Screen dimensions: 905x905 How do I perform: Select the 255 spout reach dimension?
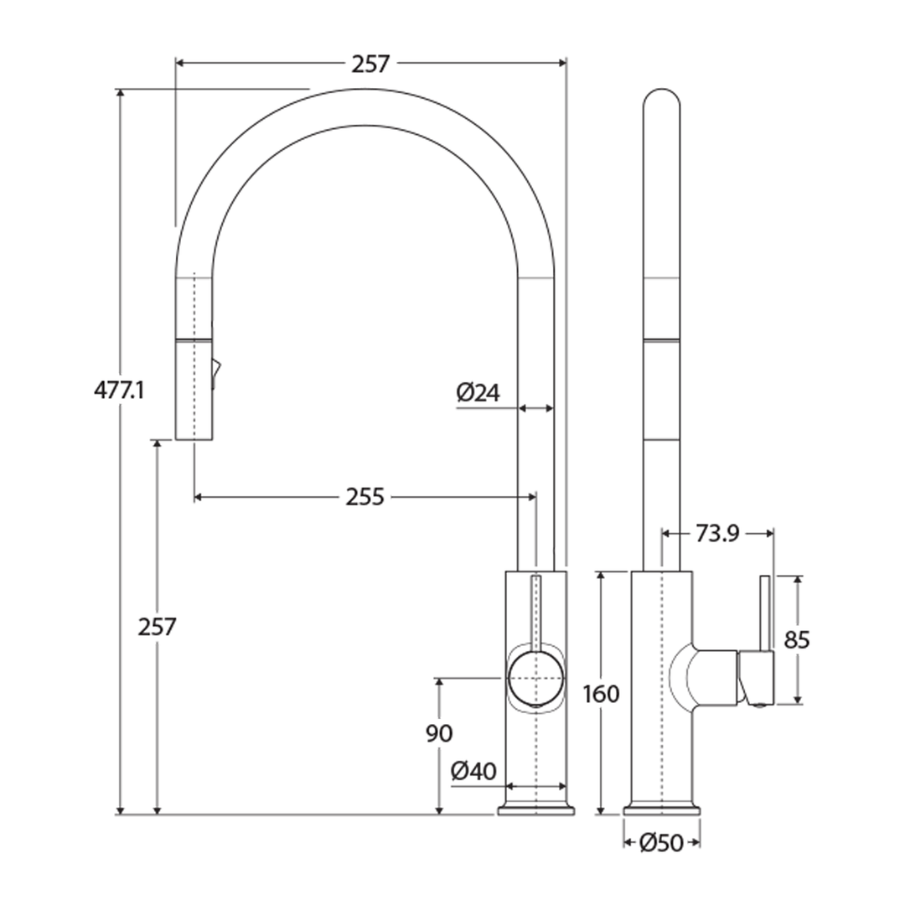[365, 497]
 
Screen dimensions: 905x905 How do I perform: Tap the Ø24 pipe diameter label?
[478, 392]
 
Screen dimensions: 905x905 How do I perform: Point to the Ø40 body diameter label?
[473, 771]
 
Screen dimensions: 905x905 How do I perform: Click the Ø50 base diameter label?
[661, 844]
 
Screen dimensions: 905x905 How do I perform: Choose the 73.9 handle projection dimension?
[716, 533]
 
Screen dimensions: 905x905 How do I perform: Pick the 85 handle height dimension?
[797, 639]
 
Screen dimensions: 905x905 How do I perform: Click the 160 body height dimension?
[602, 694]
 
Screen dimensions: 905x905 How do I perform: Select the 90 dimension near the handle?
[439, 733]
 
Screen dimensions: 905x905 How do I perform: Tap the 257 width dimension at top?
[370, 64]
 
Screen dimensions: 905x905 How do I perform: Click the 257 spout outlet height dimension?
[157, 626]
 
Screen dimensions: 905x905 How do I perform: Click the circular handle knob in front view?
[536, 677]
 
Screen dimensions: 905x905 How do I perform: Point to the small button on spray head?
[215, 371]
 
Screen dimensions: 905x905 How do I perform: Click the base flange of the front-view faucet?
[536, 809]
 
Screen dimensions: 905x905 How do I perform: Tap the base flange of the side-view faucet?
[662, 809]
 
